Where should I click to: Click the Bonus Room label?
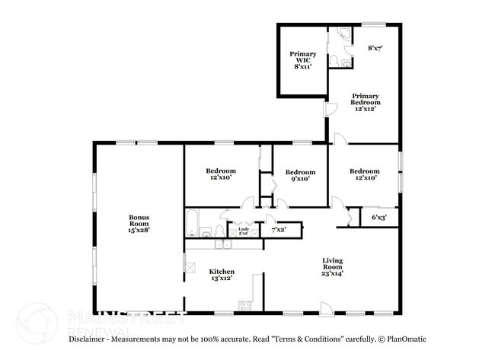coord(139,220)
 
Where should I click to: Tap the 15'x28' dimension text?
coord(139,230)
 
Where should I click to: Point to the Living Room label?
coord(333,263)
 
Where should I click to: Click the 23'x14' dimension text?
coord(333,274)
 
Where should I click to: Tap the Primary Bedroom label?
coord(365,98)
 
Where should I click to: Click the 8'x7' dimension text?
coord(375,48)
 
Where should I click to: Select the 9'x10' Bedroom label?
coord(300,172)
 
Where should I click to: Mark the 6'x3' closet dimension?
coord(378,218)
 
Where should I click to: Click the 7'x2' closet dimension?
coord(279,229)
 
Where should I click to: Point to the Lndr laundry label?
coord(244,228)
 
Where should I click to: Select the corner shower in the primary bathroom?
coord(343,33)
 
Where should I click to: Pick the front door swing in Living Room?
coord(325,309)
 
